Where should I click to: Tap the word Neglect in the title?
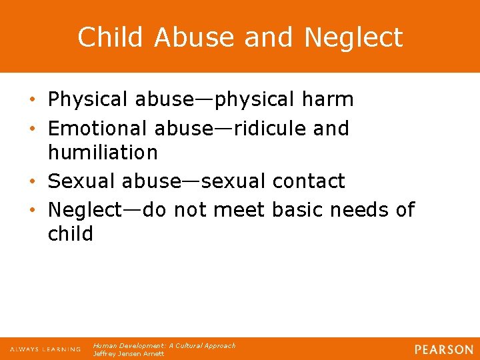pyautogui.click(x=353, y=37)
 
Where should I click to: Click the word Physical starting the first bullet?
pyautogui.click(x=88, y=100)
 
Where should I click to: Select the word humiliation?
pyautogui.click(x=103, y=153)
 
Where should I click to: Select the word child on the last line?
pyautogui.click(x=71, y=234)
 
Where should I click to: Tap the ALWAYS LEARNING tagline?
pyautogui.click(x=45, y=349)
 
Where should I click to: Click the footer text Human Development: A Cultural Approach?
pyautogui.click(x=164, y=346)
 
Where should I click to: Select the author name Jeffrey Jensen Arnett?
pyautogui.click(x=128, y=353)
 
